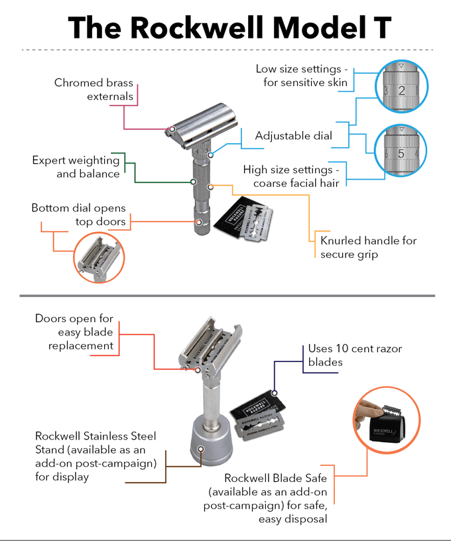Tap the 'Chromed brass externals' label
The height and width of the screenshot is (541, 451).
pyautogui.click(x=94, y=90)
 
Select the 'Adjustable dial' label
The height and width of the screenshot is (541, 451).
pyautogui.click(x=294, y=137)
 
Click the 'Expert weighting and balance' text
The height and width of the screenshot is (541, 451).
pyautogui.click(x=76, y=167)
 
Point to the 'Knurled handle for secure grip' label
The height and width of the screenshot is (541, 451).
pyautogui.click(x=368, y=247)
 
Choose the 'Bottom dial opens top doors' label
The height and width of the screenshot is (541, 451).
pyautogui.click(x=78, y=215)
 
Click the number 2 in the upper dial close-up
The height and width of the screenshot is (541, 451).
pyautogui.click(x=401, y=91)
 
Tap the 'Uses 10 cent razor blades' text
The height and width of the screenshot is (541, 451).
pyautogui.click(x=355, y=355)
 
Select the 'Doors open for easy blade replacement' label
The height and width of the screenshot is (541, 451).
pyautogui.click(x=74, y=331)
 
